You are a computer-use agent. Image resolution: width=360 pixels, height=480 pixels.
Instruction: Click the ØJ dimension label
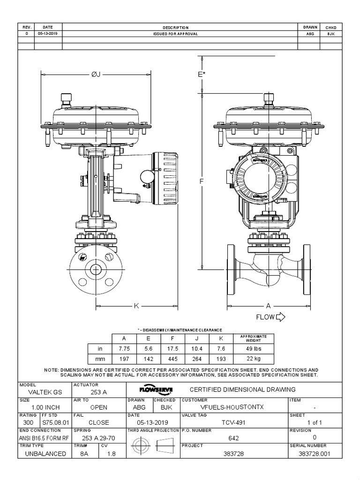(96, 75)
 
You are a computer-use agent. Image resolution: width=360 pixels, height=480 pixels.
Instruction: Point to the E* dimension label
(202, 75)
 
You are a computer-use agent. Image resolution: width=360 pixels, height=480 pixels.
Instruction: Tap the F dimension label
(202, 181)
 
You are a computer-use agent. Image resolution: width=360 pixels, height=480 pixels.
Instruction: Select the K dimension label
(136, 306)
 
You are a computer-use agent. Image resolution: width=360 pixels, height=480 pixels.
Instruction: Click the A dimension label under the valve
(269, 306)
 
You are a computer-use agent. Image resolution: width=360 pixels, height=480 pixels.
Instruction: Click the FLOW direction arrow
(281, 317)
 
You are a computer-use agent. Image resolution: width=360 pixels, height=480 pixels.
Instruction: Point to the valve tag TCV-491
(233, 422)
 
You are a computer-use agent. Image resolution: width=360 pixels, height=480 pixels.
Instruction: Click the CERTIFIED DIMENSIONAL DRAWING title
(242, 390)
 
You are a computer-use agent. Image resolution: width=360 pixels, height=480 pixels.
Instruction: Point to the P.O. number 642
(233, 438)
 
